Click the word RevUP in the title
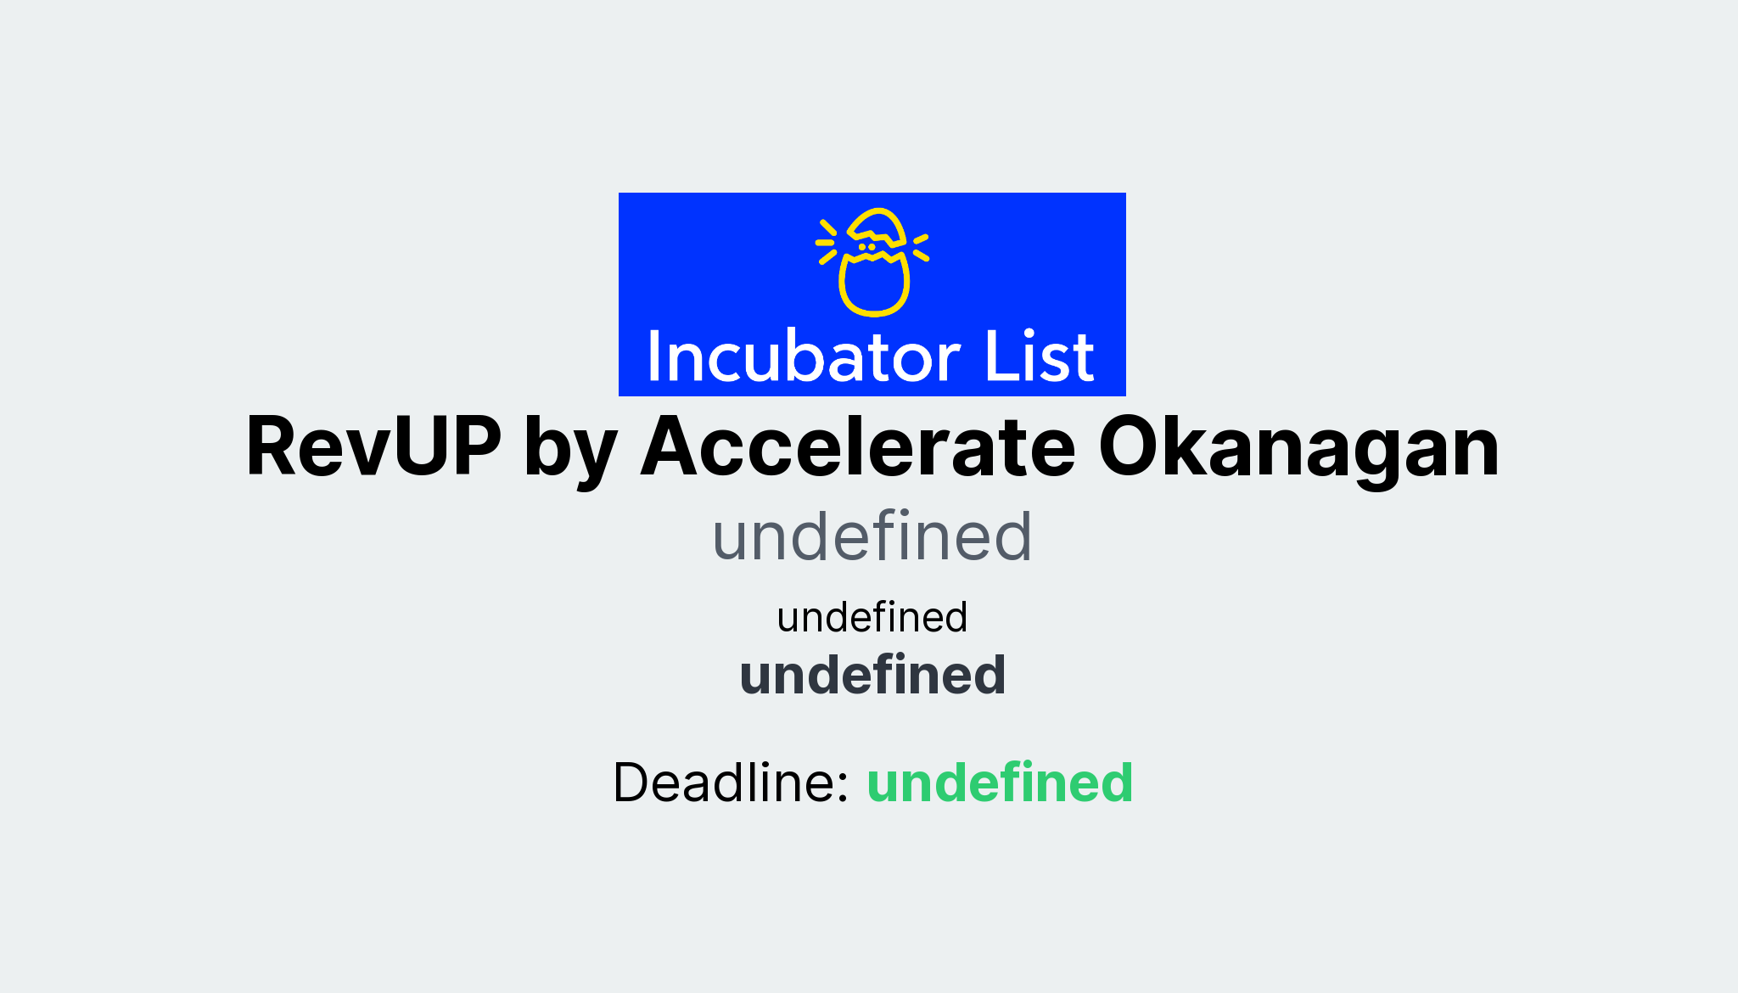pos(373,447)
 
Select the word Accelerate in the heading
pos(858,447)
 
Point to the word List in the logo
pos(1039,357)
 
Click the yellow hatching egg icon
pos(873,261)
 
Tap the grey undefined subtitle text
pos(872,536)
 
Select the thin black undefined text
pos(872,617)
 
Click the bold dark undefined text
pos(872,675)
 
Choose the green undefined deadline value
pos(1000,782)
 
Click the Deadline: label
pos(731,782)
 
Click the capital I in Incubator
pos(653,357)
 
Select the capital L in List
pos(996,357)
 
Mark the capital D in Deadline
pos(636,782)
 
